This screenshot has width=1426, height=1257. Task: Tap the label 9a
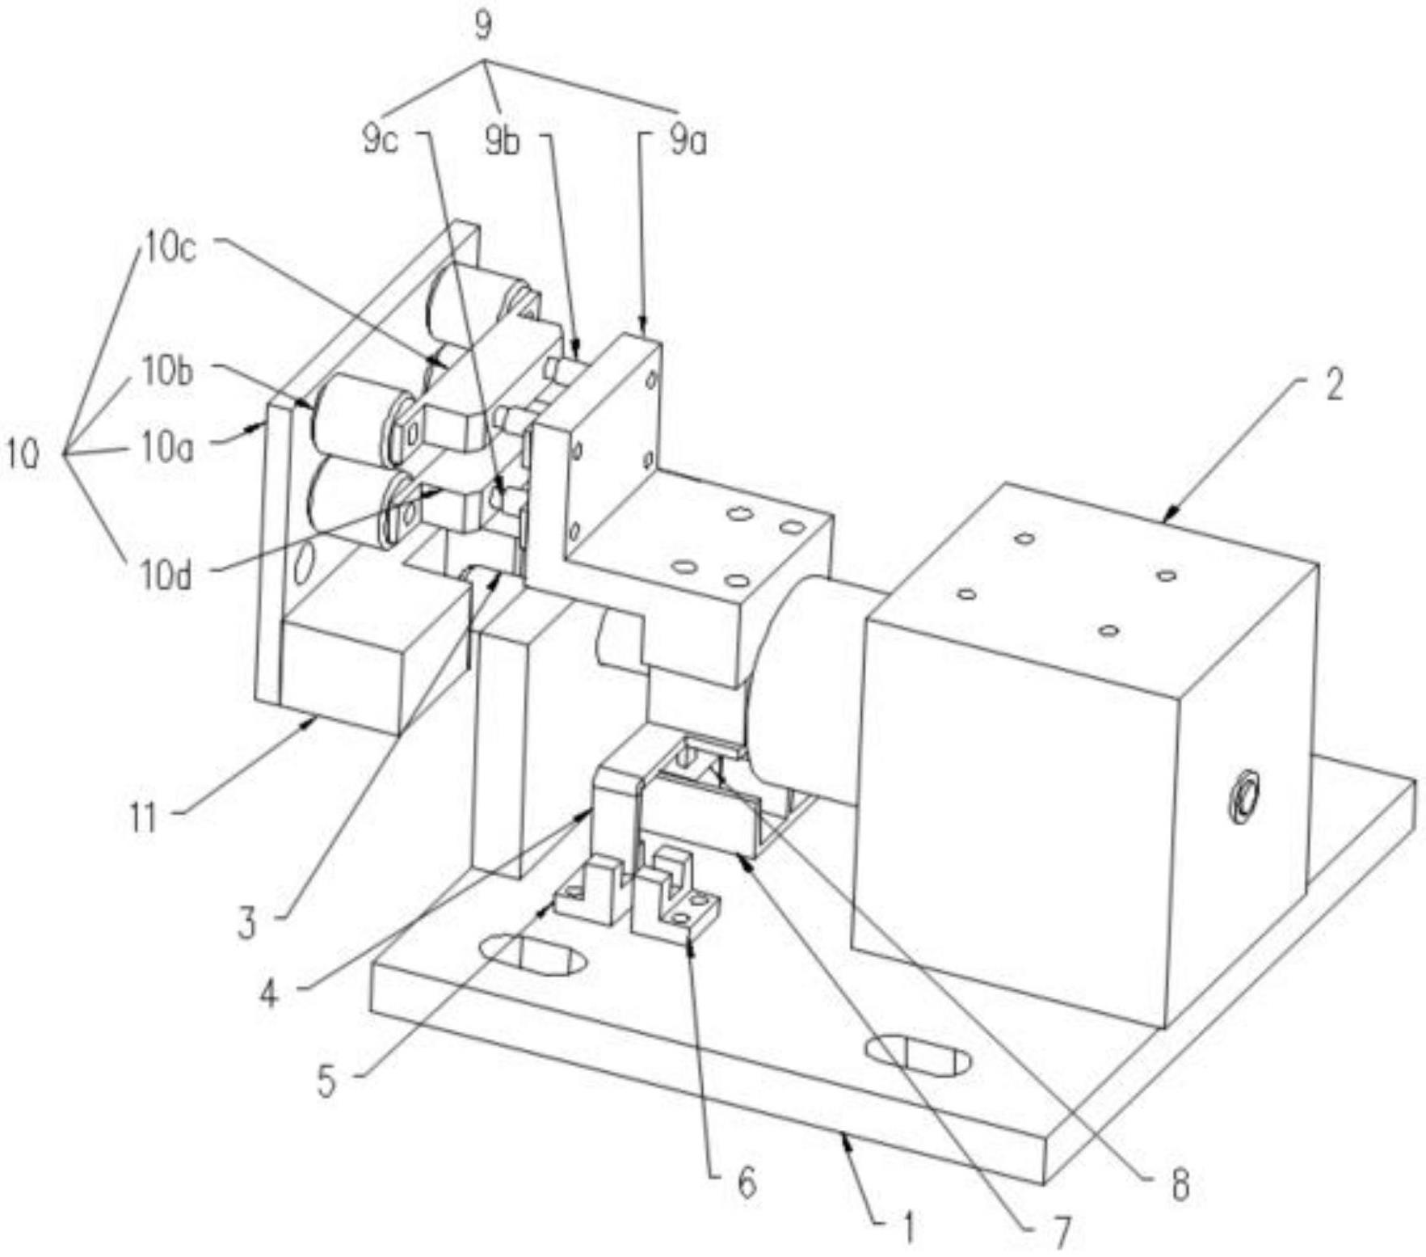pyautogui.click(x=688, y=142)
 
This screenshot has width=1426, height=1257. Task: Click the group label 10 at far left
pyautogui.click(x=22, y=455)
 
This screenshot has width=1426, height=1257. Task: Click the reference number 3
pyautogui.click(x=247, y=922)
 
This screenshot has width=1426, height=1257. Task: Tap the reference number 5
pyautogui.click(x=326, y=1082)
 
